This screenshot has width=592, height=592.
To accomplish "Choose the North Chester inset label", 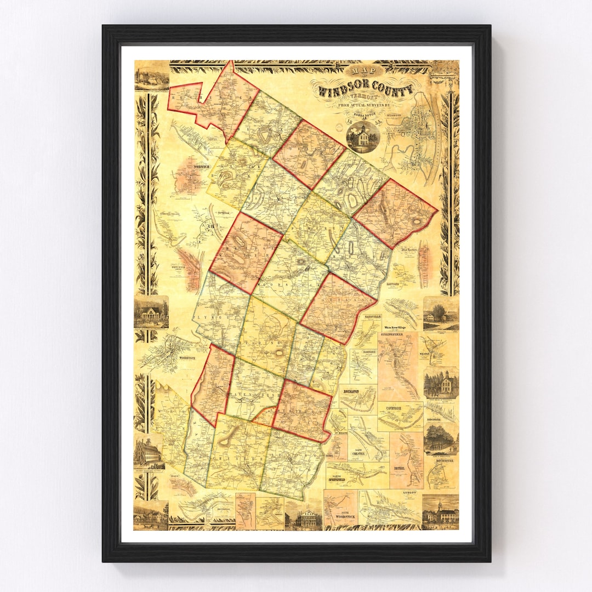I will tap(357, 453).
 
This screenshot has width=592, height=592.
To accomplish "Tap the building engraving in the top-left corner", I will tap(151, 77).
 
